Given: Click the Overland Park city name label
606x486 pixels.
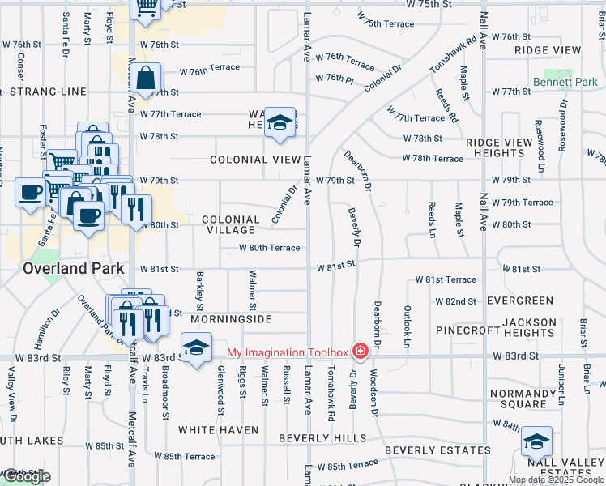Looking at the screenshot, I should [74, 268].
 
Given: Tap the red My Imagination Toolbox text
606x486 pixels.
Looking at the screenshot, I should [287, 352].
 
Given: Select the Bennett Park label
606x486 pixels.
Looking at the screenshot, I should [565, 83].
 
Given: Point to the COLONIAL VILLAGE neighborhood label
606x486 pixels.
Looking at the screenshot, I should [231, 225].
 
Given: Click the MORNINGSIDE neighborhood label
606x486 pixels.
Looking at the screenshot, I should [232, 320].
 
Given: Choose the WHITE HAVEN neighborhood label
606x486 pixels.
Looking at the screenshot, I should [218, 430].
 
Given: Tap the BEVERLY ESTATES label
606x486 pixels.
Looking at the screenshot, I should [437, 450].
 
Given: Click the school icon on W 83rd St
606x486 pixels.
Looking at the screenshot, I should [195, 348].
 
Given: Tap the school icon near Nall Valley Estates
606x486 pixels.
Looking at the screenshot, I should [536, 442].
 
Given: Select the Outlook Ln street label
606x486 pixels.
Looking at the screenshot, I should [408, 322].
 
